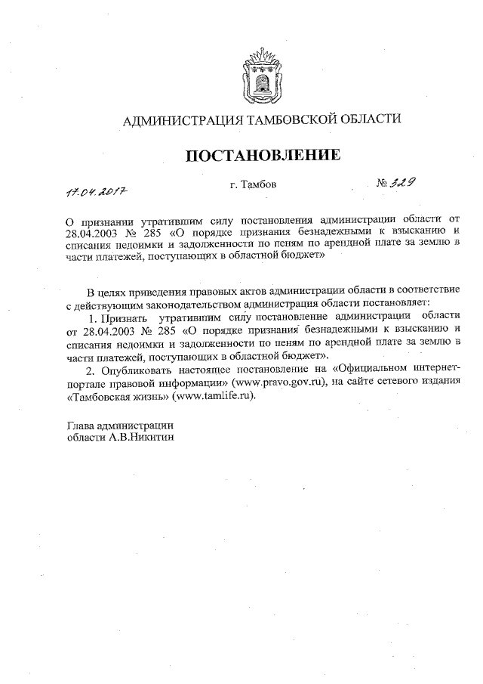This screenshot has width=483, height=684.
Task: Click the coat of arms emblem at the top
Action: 261,75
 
